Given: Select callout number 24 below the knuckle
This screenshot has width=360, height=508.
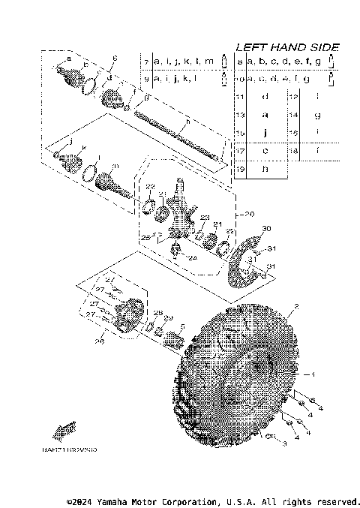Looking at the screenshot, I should tap(192, 258).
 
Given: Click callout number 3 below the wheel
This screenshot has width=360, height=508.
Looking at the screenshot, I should tap(285, 443).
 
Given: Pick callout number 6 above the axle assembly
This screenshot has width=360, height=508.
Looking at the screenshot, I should tap(115, 59).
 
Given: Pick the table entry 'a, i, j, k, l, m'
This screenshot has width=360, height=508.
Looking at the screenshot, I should tap(184, 61).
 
